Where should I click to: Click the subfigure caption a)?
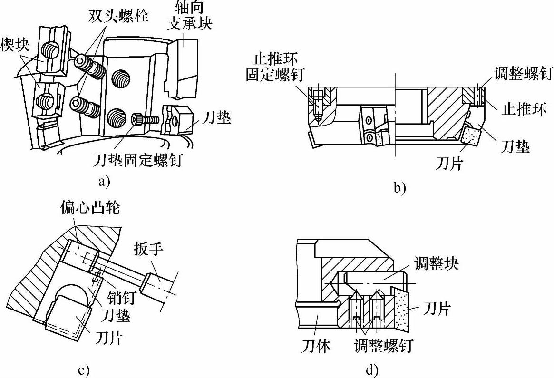pos(103,181)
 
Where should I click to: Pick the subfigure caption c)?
pos(84,369)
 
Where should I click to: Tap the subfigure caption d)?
pos(371,369)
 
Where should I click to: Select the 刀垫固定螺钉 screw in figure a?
pos(145,119)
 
